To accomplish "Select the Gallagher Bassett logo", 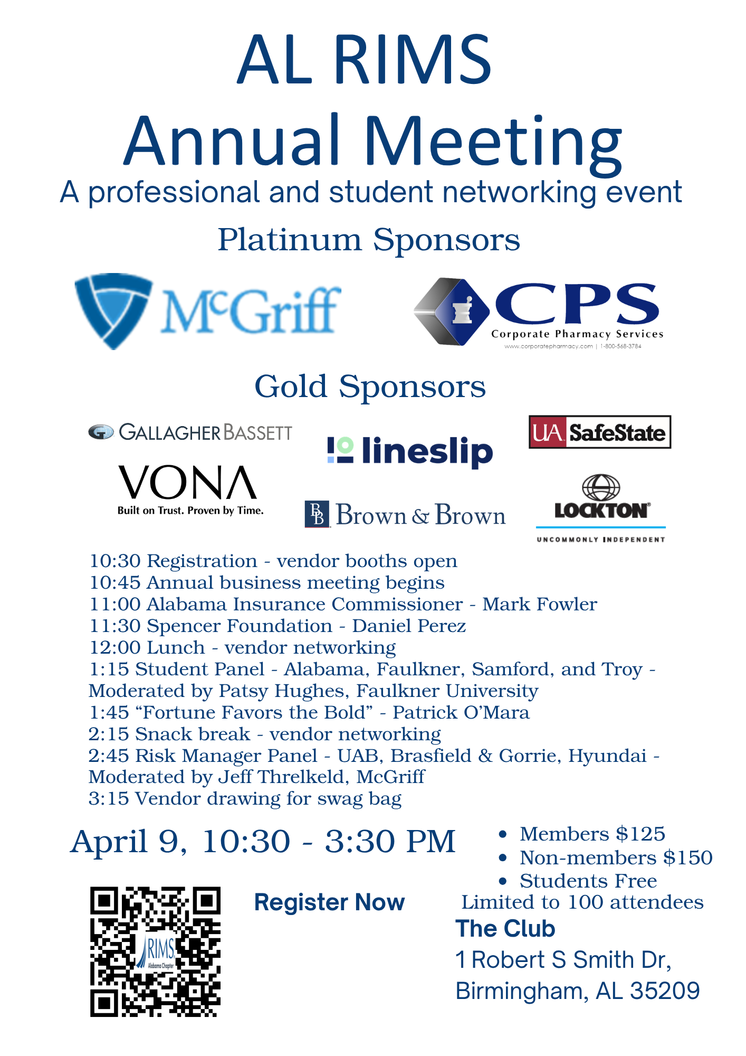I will tap(190, 432).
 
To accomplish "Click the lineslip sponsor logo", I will tap(410, 451).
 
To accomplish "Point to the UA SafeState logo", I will tap(600, 432).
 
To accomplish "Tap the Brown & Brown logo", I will tap(405, 515).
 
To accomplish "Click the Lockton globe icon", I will tap(600, 487).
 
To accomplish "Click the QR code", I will tap(155, 951).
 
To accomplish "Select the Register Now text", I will tap(329, 902).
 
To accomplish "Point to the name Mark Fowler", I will tap(540, 604).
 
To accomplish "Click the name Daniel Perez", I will tap(409, 626).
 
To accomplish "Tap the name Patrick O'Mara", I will tap(461, 712).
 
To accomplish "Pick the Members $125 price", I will tap(592, 834).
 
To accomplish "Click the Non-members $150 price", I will tap(616, 857).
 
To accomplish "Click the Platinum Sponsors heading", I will tap(369, 240).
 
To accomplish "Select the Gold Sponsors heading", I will tap(370, 386).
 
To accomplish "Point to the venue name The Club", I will tap(505, 929).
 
